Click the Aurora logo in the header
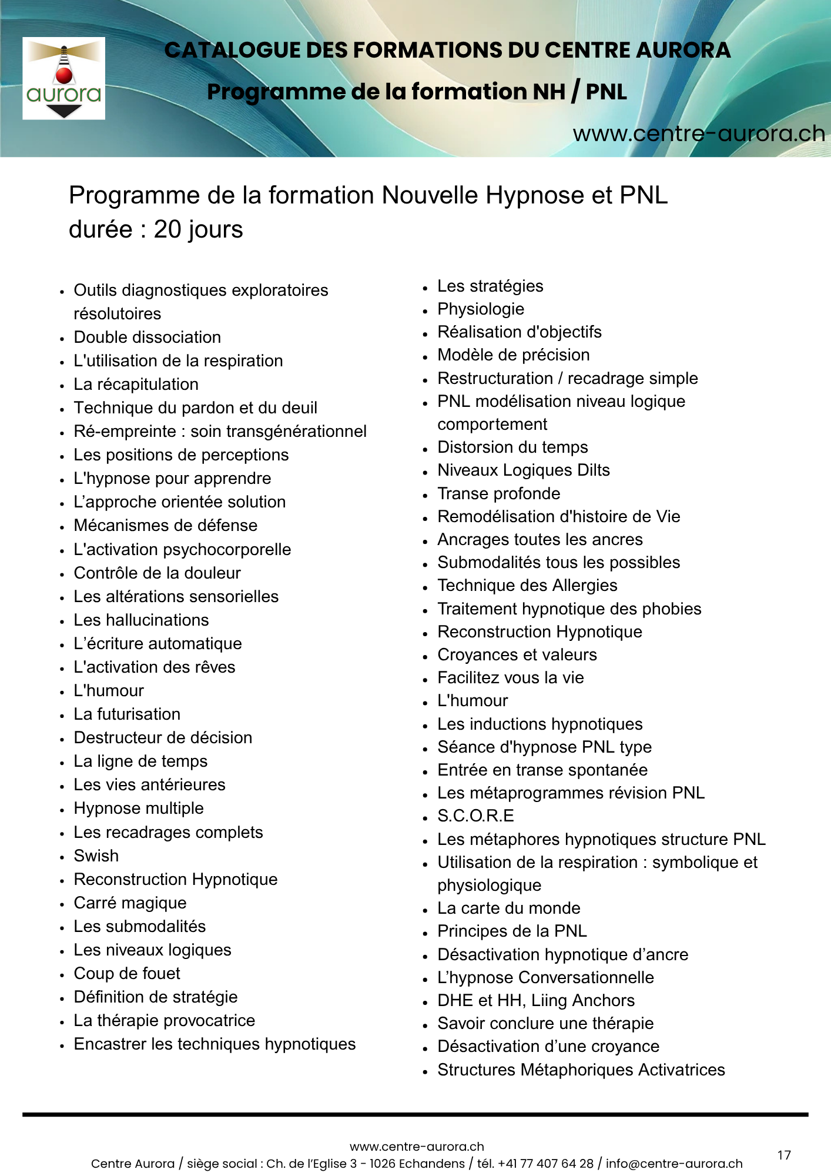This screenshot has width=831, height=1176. [x=63, y=79]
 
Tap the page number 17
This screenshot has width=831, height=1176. [x=784, y=1155]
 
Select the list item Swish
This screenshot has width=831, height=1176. [x=96, y=856]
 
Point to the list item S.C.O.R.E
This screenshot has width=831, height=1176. [x=475, y=816]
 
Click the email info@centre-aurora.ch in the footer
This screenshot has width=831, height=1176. [x=674, y=1164]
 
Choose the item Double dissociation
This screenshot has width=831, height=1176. [x=147, y=338]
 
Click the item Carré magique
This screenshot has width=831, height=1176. [x=130, y=903]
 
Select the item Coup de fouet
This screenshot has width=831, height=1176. [x=127, y=973]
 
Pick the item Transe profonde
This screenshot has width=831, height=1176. [x=498, y=494]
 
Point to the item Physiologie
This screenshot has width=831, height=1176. [x=481, y=309]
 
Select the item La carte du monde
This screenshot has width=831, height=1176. [x=508, y=908]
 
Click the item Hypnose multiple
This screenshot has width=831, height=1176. [x=139, y=808]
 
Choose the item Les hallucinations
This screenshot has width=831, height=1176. [x=141, y=620]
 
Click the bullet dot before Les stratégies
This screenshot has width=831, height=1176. [x=425, y=288]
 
